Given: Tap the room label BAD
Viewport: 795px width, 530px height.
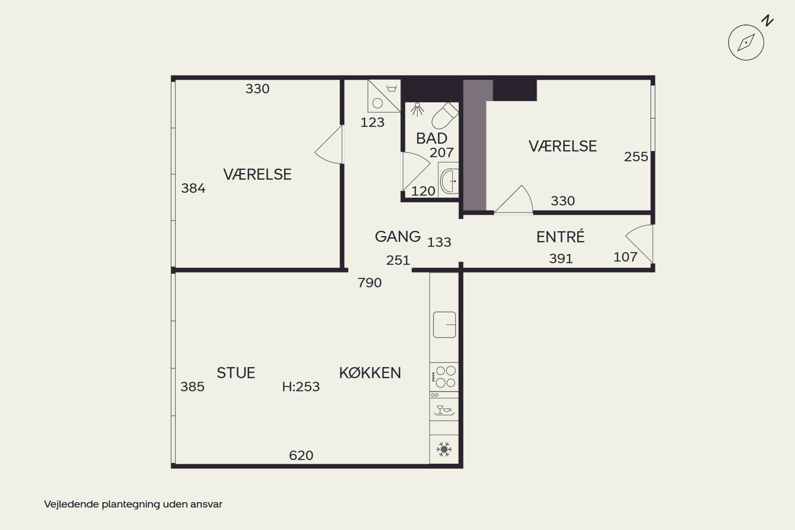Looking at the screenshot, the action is (x=432, y=138).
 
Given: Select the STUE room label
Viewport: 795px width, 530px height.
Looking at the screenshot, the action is (x=236, y=373).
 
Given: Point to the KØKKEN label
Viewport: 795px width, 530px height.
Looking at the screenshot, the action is (x=370, y=373).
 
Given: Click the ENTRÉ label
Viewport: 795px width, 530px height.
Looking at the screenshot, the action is (x=560, y=236).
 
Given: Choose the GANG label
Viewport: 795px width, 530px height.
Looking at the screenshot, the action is (x=397, y=236).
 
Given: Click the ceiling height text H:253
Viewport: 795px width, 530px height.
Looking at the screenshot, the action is (x=301, y=387).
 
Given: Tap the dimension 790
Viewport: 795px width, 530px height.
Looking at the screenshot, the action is (x=369, y=282).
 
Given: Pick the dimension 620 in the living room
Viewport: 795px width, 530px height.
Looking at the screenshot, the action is (x=301, y=455).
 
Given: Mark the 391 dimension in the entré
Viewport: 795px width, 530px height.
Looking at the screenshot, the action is (x=561, y=259).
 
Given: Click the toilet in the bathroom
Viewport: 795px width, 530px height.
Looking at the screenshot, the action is (x=445, y=116).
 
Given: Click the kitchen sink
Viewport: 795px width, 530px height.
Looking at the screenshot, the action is (x=444, y=324).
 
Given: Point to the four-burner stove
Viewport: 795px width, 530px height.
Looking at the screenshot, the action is (x=444, y=377).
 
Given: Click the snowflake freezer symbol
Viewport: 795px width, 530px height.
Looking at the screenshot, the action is (x=444, y=449).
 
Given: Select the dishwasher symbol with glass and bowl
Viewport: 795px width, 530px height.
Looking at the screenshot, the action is (x=444, y=410).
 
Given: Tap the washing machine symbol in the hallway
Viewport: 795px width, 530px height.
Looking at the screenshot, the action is (x=384, y=96).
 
